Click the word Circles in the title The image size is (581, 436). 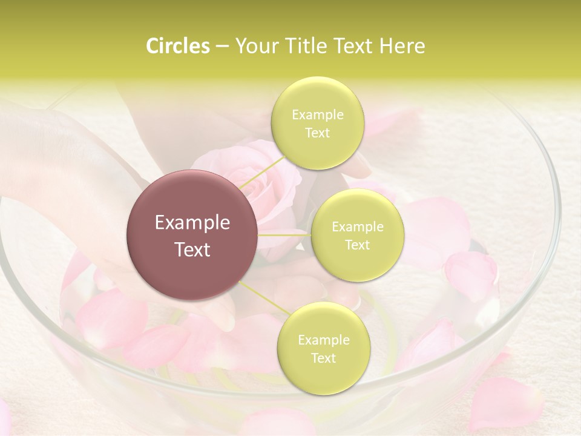click(178, 46)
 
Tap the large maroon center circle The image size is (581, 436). click(192, 235)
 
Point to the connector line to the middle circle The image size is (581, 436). click(284, 235)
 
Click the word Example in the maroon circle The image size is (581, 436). click(192, 223)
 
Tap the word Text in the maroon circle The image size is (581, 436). click(192, 249)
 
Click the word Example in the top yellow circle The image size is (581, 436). click(317, 115)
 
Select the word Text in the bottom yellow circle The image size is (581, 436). click(323, 358)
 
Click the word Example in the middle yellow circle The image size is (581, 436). click(357, 227)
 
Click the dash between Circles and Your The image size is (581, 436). click(222, 46)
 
